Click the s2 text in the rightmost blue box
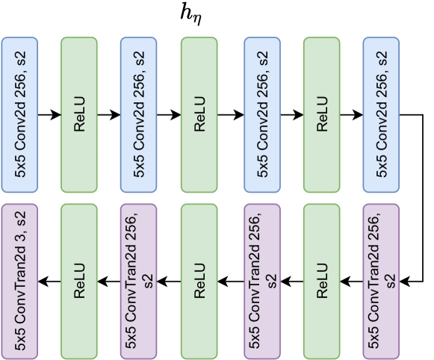pyautogui.click(x=382, y=58)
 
